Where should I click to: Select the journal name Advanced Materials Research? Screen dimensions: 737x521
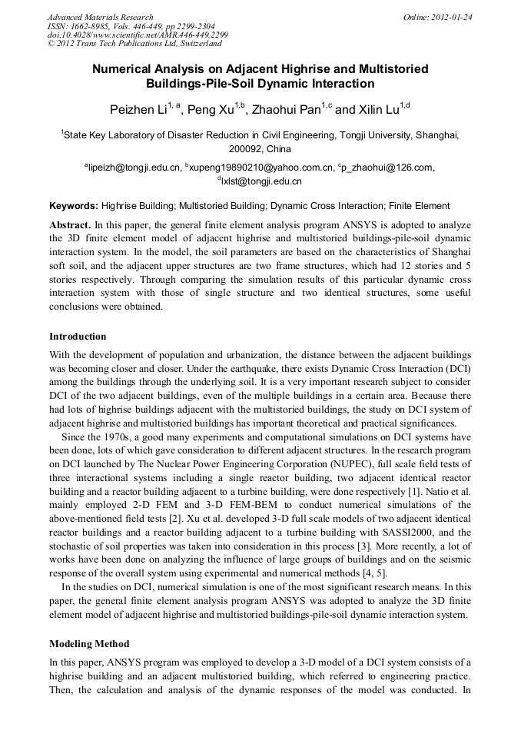pos(101,17)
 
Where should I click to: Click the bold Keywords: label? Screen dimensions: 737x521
pos(74,206)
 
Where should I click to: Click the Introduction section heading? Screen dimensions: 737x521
pos(78,337)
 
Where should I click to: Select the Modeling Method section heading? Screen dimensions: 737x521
pos(89,644)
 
